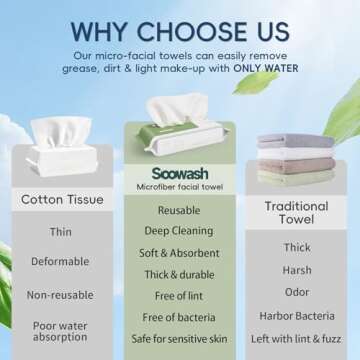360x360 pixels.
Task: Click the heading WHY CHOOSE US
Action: [180, 22]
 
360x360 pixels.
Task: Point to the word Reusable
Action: [179, 210]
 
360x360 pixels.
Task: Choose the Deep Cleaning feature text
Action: [179, 232]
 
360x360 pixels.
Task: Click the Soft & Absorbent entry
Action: [179, 254]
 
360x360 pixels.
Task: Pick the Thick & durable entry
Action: [179, 276]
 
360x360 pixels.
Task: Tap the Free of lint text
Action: [179, 297]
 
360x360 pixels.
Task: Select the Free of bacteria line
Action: [179, 318]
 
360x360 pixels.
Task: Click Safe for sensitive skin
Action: [179, 339]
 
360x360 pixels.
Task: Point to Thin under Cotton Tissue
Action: [60, 232]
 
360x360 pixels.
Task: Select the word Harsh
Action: [297, 270]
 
